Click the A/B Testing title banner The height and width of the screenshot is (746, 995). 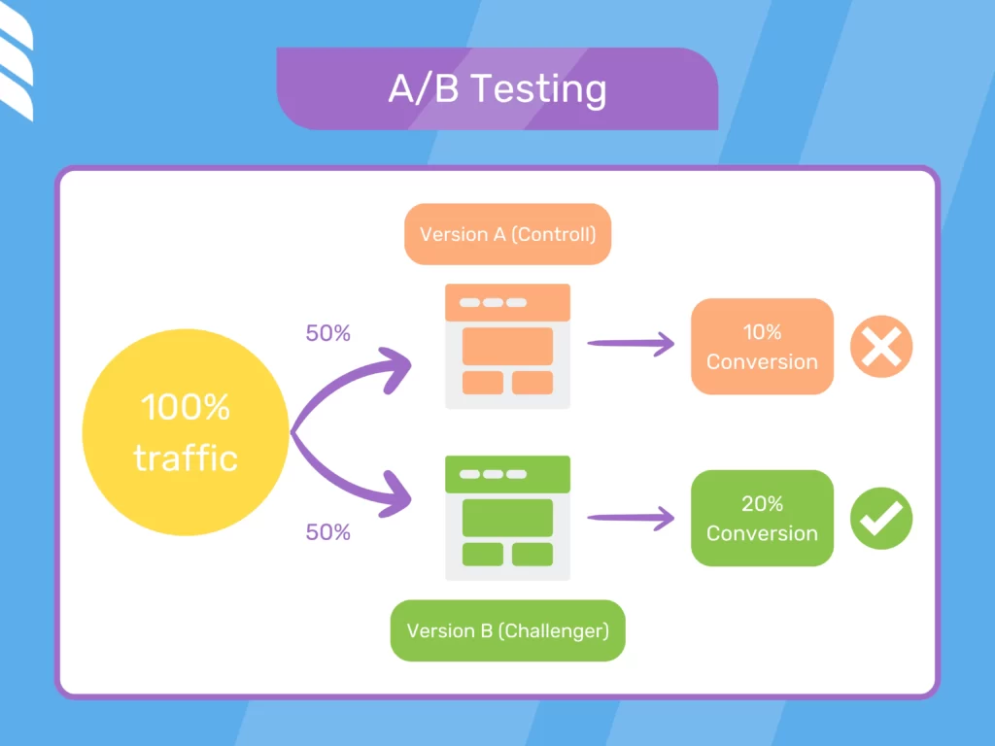[x=497, y=89]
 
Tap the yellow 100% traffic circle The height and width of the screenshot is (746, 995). [x=186, y=433]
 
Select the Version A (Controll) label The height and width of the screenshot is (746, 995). [x=507, y=234]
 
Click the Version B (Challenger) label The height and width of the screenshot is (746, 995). [x=507, y=630]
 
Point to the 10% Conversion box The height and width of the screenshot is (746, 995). [x=762, y=347]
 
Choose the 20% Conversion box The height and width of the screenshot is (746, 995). [x=762, y=519]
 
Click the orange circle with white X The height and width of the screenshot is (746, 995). [x=881, y=347]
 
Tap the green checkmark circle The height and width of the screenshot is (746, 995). [x=881, y=519]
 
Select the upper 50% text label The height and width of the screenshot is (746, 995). [x=327, y=333]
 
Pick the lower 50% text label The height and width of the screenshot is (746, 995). [x=327, y=532]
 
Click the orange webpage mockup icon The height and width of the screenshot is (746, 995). [x=507, y=347]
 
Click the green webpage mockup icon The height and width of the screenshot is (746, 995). [x=507, y=519]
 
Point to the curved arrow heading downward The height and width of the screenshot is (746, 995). [x=360, y=486]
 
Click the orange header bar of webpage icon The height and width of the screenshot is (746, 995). [x=507, y=302]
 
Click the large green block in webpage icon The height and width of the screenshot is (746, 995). [x=507, y=518]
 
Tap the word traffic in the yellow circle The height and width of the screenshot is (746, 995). [x=186, y=458]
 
